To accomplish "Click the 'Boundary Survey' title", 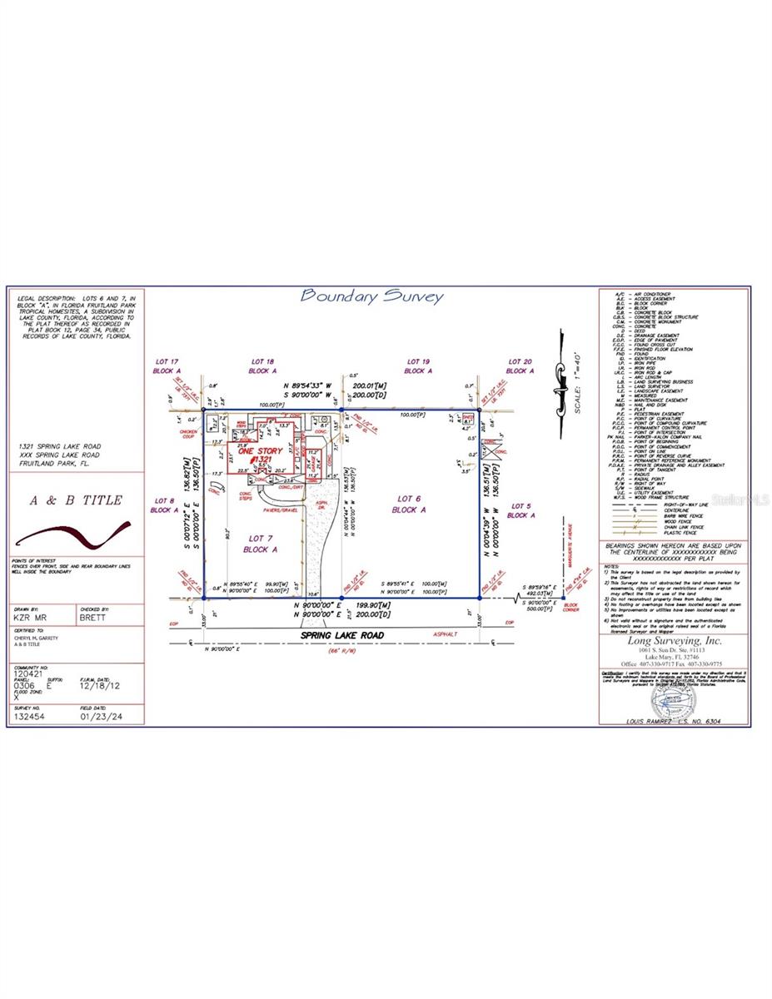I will click(371, 296).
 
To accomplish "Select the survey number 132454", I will click(31, 715).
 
